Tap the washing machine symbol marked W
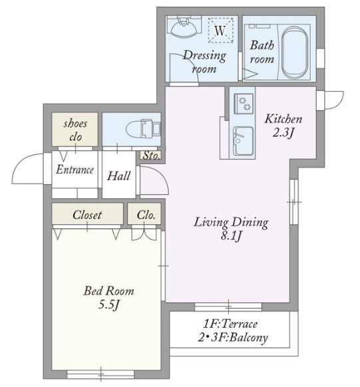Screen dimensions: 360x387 point(220,30)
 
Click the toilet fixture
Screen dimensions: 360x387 point(143,128)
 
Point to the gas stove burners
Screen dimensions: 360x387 point(244,104)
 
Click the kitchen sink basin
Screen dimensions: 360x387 point(243,141)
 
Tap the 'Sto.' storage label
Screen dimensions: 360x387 point(151,156)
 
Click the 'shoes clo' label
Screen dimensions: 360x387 point(75,130)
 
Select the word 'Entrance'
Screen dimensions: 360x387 point(75,170)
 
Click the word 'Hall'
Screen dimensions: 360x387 point(118,176)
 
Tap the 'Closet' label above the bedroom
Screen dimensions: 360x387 point(87,215)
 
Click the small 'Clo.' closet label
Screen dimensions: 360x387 point(146,215)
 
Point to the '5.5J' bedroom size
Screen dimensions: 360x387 point(108,305)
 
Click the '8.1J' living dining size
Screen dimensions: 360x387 point(231,236)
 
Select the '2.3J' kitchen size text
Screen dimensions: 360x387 point(283,133)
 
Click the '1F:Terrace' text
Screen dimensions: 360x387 point(230,324)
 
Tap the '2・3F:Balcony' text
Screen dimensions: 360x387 point(233,338)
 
